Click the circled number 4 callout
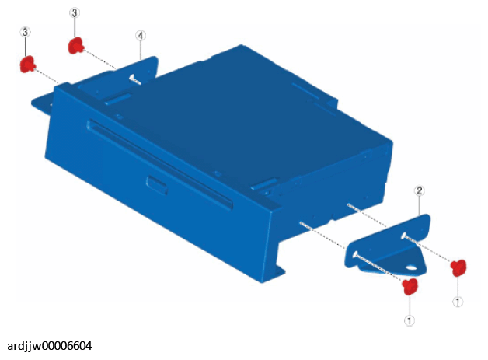tap(141, 36)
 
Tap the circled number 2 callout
tap(419, 190)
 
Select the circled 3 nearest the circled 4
tap(75, 12)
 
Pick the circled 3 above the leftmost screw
tap(25, 32)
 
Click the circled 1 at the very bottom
tap(410, 320)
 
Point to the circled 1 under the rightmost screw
tap(458, 302)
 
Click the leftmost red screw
tap(28, 65)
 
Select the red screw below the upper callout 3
tap(76, 45)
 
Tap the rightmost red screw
tap(458, 267)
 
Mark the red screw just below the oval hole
tap(410, 286)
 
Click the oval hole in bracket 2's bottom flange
tap(411, 267)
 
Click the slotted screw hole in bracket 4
tap(133, 77)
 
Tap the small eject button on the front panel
tap(157, 186)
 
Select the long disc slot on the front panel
tap(159, 164)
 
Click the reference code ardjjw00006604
tap(50, 346)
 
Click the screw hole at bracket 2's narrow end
tap(403, 236)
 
